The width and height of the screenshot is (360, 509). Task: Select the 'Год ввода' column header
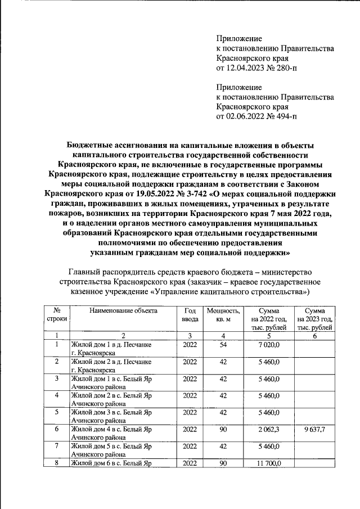click(190, 315)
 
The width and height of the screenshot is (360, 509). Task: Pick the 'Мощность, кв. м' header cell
click(223, 315)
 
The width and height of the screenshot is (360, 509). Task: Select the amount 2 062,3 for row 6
click(269, 430)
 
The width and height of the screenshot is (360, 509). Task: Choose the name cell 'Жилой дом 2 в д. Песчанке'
click(111, 361)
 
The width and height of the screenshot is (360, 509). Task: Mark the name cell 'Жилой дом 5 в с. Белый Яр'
click(111, 447)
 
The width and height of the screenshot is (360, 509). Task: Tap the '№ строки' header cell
click(57, 315)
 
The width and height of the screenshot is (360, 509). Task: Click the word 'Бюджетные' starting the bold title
click(87, 146)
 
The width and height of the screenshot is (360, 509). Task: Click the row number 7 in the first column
click(57, 447)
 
